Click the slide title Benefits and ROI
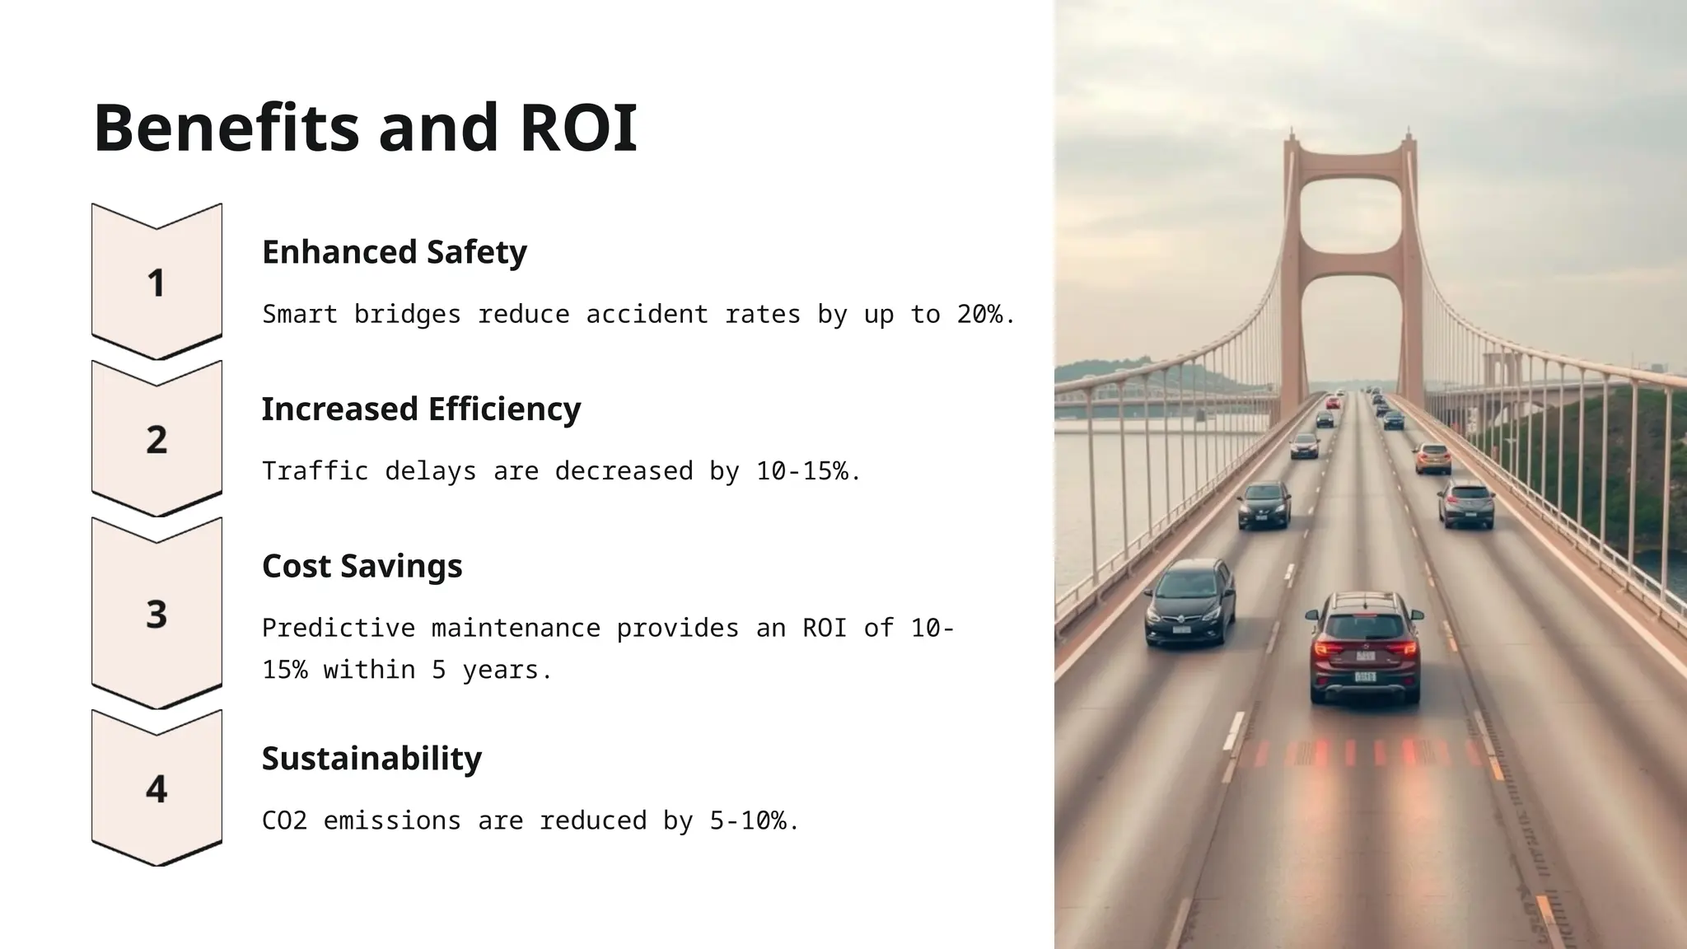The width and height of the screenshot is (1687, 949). (365, 128)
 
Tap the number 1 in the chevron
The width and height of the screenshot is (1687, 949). (156, 283)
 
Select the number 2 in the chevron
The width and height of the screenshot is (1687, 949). (157, 440)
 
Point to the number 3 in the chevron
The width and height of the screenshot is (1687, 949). (157, 615)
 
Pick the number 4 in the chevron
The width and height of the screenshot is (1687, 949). (157, 789)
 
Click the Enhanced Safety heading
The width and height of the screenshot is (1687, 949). (394, 252)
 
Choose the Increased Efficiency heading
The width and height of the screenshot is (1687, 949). (421, 409)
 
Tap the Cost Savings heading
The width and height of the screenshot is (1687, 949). (362, 567)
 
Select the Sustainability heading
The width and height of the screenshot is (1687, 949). (372, 759)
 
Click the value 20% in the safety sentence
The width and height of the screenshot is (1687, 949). (980, 315)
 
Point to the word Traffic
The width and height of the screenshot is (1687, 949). (315, 471)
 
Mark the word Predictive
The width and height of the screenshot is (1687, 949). (339, 629)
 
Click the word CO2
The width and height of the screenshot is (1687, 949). (284, 820)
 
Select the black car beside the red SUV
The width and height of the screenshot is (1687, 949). (1189, 602)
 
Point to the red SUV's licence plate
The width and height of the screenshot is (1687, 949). (1365, 677)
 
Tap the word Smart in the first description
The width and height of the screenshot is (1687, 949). (300, 315)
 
